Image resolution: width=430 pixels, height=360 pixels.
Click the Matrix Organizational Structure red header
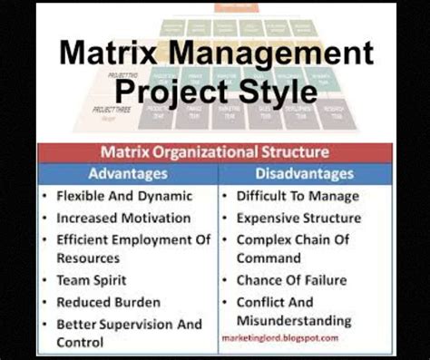point(214,152)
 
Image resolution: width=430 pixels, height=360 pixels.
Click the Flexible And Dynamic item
point(124,196)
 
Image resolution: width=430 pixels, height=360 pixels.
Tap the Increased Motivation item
point(123,218)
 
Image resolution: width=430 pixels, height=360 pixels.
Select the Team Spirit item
point(91,281)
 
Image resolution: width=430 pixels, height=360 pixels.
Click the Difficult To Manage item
point(298,196)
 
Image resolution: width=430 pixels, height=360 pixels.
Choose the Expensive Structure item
point(298,218)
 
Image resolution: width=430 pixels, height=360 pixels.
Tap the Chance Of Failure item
point(291,281)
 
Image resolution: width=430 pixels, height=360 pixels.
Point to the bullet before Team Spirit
point(44,281)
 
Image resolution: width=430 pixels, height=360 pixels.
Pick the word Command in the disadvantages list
point(269,258)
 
